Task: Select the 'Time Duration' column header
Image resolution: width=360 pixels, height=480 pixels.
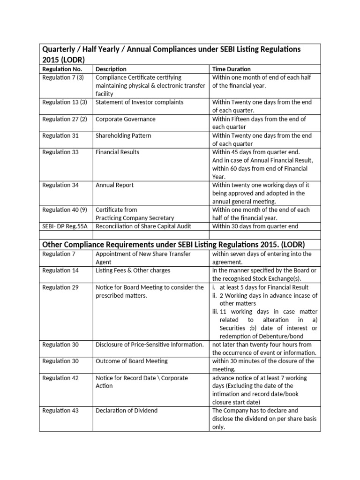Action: [232, 69]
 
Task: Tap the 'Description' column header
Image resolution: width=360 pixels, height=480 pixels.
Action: [111, 69]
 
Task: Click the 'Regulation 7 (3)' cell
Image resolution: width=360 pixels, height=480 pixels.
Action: [63, 77]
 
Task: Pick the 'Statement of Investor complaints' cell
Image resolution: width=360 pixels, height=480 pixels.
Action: [139, 102]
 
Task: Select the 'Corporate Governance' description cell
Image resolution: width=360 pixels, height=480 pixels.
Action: [125, 119]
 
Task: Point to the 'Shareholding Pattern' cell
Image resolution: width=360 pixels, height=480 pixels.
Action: [123, 135]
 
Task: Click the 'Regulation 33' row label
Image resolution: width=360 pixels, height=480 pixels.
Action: [60, 152]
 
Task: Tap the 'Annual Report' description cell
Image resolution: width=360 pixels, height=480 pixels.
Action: [114, 185]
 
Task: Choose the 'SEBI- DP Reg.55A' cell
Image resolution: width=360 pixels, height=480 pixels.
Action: [65, 226]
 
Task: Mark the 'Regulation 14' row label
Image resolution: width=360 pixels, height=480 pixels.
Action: [60, 271]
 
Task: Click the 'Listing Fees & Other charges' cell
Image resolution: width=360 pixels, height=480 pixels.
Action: [133, 271]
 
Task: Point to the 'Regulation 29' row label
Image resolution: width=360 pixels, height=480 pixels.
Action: [60, 287]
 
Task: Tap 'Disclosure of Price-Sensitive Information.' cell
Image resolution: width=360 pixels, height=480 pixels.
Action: [150, 345]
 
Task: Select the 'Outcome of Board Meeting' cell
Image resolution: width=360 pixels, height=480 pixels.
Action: [131, 361]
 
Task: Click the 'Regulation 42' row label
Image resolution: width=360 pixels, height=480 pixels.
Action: [60, 378]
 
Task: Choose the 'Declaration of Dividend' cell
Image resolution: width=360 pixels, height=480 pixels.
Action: [127, 411]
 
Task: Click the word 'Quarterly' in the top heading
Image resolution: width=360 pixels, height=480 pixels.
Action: [59, 49]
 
